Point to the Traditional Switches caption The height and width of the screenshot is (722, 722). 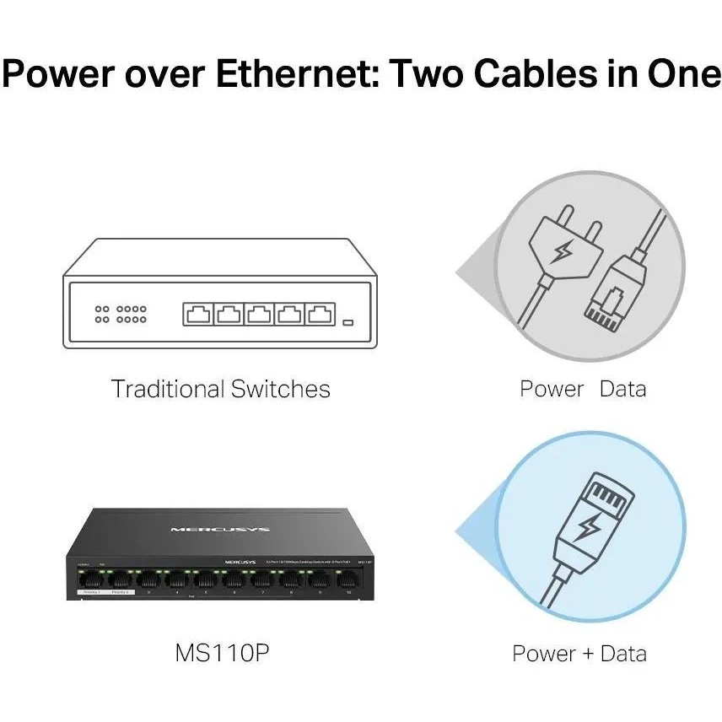coord(220,389)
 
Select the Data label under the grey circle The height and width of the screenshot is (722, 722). coord(622,389)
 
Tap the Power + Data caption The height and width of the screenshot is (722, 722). coord(579,653)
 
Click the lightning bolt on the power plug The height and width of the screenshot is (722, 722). coord(562,251)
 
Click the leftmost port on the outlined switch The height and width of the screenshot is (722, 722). coord(197,315)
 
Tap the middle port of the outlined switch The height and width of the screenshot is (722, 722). coord(258,315)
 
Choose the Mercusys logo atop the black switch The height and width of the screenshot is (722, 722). coord(220,529)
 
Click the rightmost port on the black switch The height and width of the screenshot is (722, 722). coord(345,579)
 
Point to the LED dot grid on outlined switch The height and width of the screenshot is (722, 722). coord(121,315)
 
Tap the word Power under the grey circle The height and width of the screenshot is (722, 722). coord(552,389)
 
